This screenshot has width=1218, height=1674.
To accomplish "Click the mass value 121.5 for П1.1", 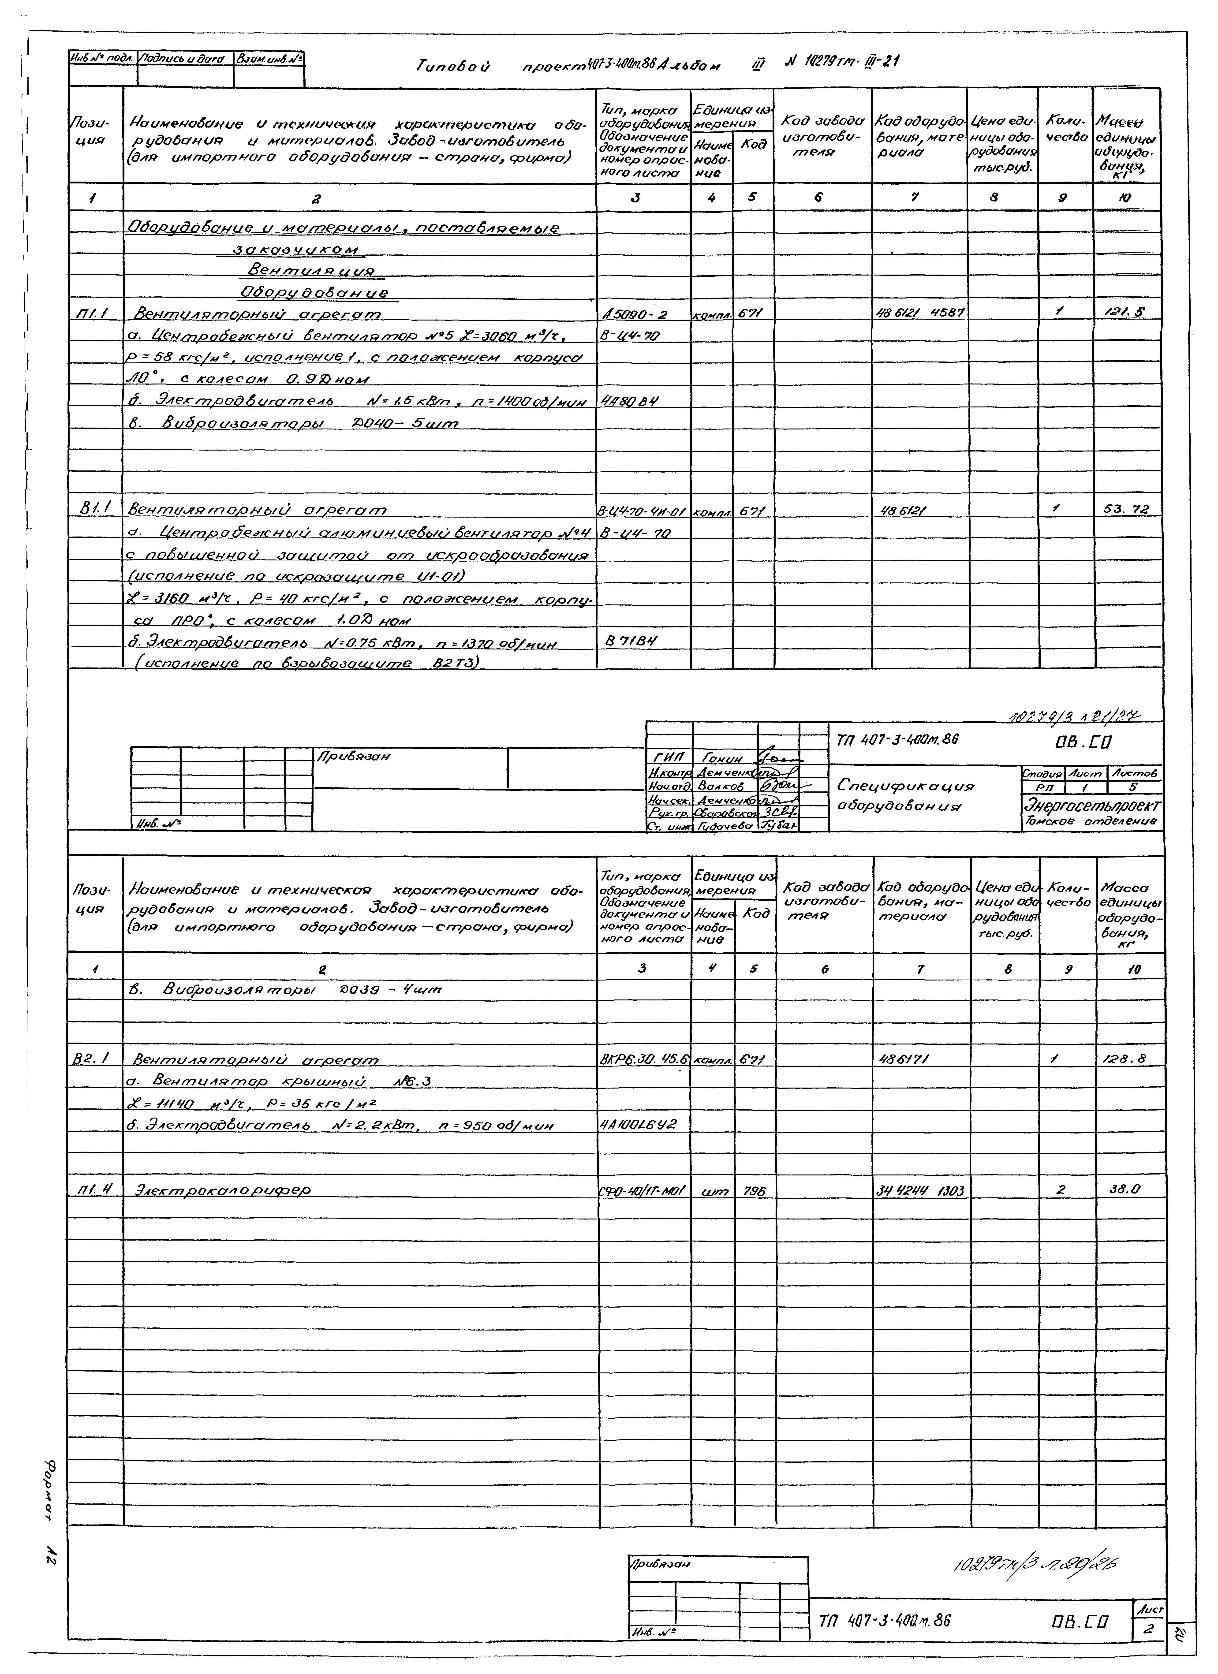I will (x=1127, y=313).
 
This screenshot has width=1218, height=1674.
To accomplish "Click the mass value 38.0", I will (x=1125, y=1189).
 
